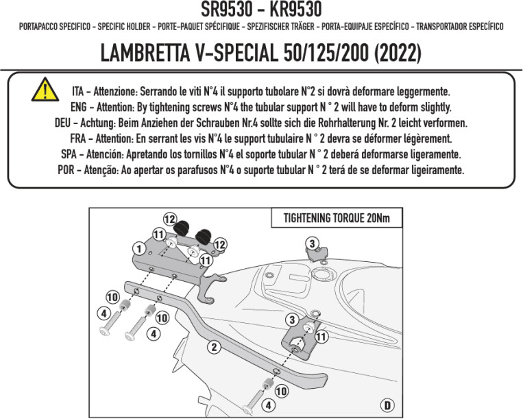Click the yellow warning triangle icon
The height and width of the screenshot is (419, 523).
tap(43, 90)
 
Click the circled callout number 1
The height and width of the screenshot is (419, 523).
tap(138, 248)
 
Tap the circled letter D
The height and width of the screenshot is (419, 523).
tap(388, 405)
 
